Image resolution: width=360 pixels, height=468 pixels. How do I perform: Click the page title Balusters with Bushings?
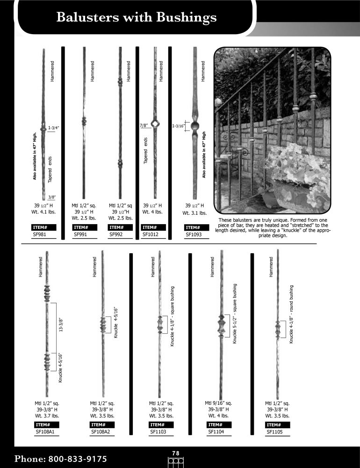pos(136,17)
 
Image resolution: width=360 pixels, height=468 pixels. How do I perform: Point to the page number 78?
pos(176,453)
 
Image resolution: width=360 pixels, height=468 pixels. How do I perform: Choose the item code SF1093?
pos(194,235)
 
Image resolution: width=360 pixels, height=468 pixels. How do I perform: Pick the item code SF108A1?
pos(45,432)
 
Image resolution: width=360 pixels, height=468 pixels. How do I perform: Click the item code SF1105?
pos(275,432)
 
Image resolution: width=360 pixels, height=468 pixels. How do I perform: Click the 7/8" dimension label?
pos(144,126)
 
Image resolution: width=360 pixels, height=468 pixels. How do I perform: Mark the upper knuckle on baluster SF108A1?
pos(46,295)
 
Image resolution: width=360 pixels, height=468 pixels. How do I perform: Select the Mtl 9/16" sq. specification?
pos(218,403)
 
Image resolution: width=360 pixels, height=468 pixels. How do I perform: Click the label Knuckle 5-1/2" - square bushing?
pos(235,314)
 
